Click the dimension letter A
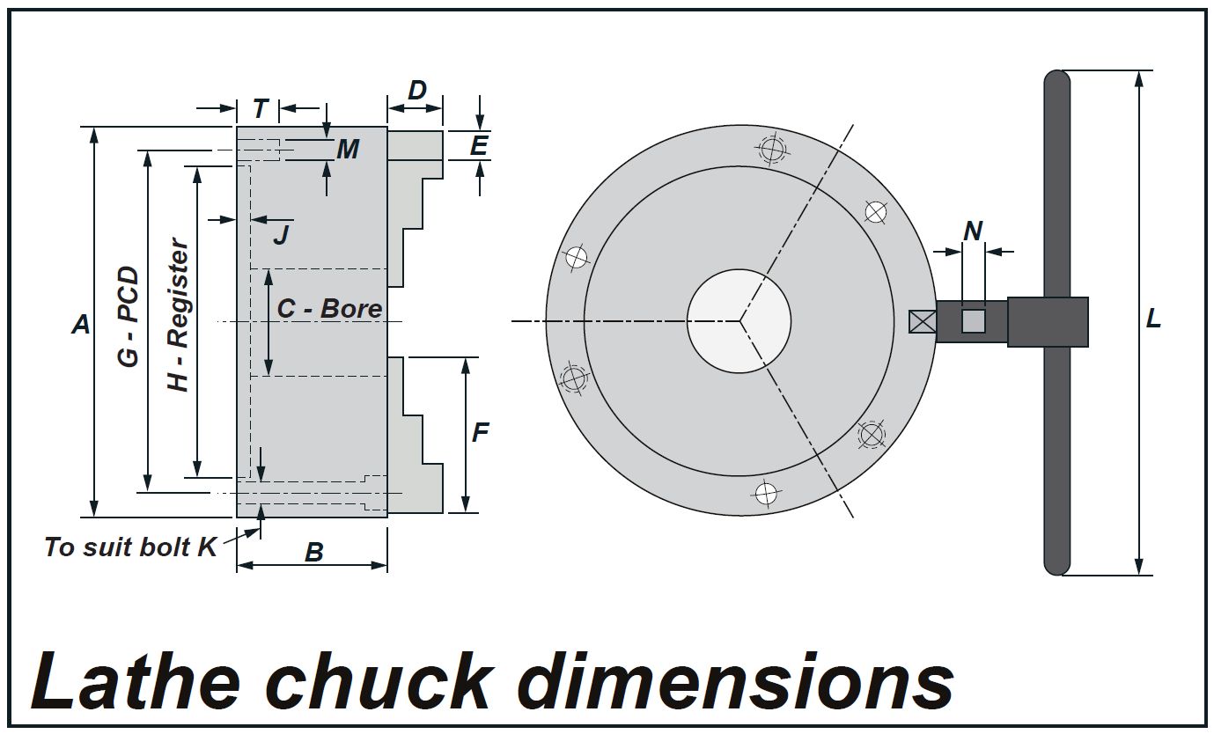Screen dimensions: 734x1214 [x=81, y=324]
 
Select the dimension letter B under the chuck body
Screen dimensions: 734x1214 [x=313, y=552]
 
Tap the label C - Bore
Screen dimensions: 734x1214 [x=329, y=309]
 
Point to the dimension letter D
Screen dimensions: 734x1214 [x=417, y=90]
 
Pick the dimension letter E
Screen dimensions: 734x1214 [x=478, y=145]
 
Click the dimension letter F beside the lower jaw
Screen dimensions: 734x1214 [x=480, y=432]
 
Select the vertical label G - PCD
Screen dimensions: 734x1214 [x=129, y=317]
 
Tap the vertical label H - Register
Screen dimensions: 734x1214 [x=179, y=315]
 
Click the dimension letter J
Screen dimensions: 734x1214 [x=281, y=234]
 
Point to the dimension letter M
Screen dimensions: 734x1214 [x=348, y=150]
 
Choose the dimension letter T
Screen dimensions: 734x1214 [x=260, y=109]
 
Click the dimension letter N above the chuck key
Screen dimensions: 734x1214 [x=973, y=231]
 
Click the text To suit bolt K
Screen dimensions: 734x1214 [x=130, y=547]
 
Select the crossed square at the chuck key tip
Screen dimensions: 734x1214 [x=922, y=322]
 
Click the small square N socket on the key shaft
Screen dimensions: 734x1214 [x=973, y=321]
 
